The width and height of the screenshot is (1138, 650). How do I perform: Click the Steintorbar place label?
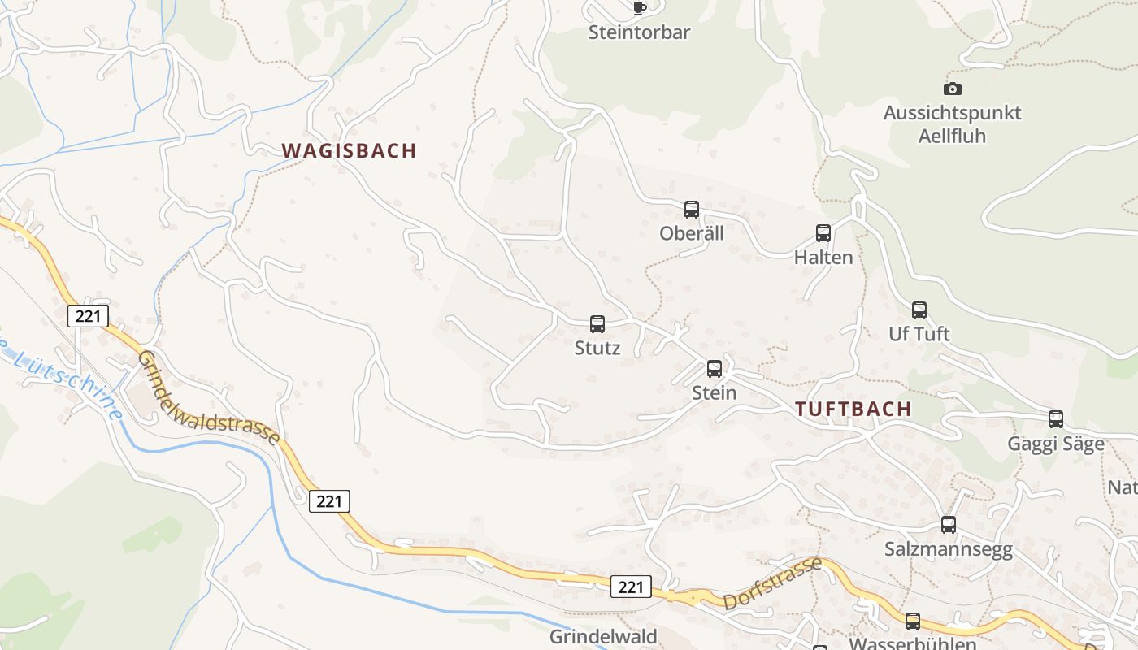coord(639,32)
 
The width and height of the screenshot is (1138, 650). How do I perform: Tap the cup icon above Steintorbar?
coord(640,8)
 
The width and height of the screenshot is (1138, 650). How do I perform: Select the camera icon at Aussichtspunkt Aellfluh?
coord(952,89)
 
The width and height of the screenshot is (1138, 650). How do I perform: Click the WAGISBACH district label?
coord(349,150)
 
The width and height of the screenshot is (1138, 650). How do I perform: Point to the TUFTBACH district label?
coord(853,409)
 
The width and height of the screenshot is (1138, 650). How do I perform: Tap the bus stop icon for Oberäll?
coord(692,210)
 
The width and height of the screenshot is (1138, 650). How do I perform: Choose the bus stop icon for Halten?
coord(823,234)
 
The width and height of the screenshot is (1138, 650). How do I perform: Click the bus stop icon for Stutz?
coord(597,324)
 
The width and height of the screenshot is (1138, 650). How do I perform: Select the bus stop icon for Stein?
coord(715,369)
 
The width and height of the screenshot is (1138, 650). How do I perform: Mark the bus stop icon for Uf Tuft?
coord(919,310)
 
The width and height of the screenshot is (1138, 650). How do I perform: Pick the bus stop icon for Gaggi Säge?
coord(1056,419)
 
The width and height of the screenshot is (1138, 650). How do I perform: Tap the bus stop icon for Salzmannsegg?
coord(949,525)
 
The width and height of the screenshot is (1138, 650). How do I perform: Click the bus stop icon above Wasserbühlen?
coord(913,622)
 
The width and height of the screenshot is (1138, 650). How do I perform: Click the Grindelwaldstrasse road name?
coord(208,397)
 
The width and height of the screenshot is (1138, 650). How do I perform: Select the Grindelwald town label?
coord(603,636)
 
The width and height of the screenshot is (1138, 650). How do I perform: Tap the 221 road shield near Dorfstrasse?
coord(631,587)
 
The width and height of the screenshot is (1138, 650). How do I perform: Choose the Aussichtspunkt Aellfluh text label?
coord(952,124)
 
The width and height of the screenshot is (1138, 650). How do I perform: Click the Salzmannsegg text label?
coord(949,549)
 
